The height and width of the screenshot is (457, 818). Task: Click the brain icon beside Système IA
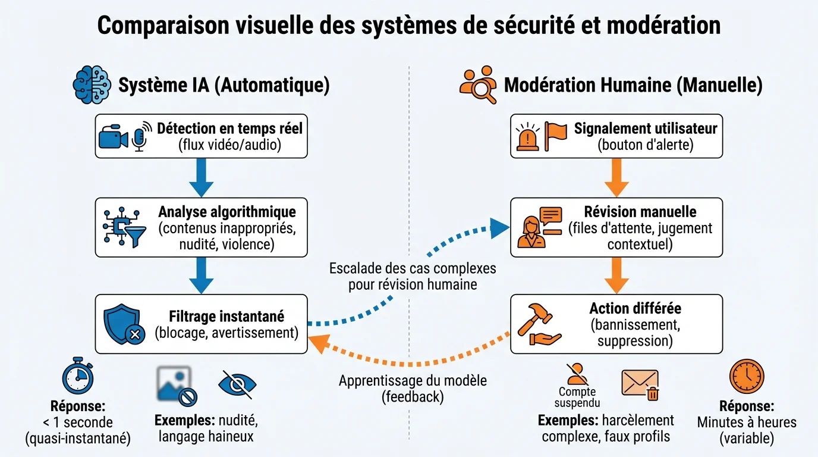tap(92, 84)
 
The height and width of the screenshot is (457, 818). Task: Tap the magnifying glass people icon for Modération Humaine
tap(478, 84)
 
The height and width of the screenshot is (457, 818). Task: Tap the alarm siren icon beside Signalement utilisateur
tap(528, 137)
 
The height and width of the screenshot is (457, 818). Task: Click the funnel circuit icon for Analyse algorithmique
tap(124, 228)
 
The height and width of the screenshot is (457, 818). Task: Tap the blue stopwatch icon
tap(79, 376)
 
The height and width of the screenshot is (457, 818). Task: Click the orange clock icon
tap(746, 376)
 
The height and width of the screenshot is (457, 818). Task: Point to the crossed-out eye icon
tap(238, 384)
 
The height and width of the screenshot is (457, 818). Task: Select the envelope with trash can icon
tap(641, 384)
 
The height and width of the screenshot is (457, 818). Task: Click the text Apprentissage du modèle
tap(413, 380)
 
